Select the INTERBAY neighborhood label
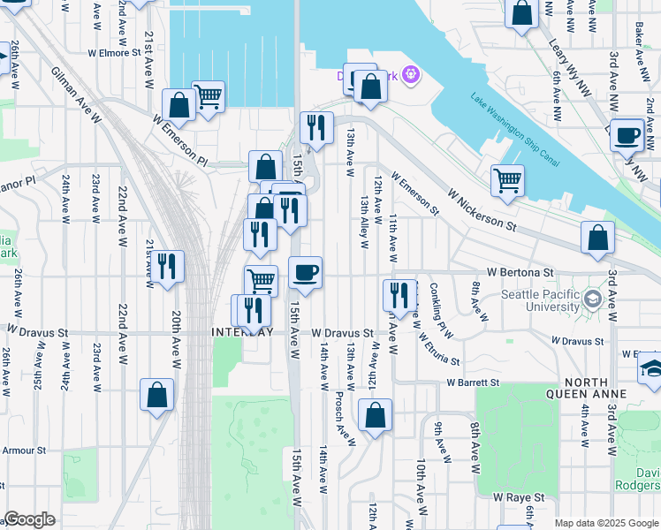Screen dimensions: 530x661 coord(242,332)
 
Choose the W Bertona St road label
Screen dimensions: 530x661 coord(517,273)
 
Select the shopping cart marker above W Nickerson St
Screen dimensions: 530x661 coord(507,179)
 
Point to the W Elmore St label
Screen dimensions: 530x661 coord(114,53)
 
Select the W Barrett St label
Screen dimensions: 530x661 coord(473,383)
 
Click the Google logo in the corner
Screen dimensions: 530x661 coord(29,519)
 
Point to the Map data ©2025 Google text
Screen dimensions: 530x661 coord(605,523)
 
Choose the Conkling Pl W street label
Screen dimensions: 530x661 coord(441,308)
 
